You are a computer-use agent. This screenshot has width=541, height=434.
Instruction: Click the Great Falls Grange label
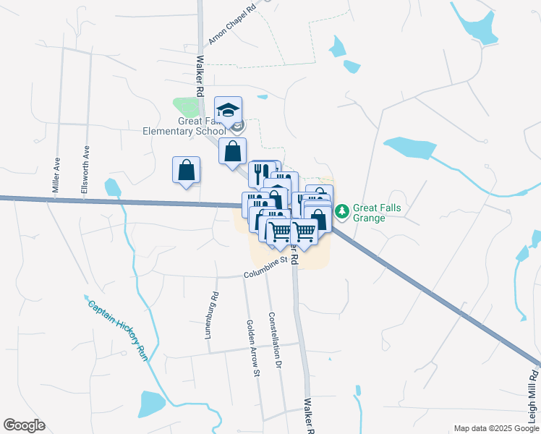377,212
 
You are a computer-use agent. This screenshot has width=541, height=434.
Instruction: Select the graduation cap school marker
228,110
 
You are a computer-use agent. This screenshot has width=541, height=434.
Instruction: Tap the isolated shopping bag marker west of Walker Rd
186,171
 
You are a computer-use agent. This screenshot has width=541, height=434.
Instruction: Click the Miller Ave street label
56,174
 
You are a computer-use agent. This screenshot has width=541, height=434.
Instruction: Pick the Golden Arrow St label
253,349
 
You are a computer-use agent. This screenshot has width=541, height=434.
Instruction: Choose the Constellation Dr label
274,341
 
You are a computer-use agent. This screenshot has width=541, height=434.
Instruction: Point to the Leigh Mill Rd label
533,394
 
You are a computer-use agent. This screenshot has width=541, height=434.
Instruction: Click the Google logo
24,425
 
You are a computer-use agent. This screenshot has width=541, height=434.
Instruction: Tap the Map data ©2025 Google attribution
495,428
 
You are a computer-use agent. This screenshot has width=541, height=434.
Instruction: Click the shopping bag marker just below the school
232,152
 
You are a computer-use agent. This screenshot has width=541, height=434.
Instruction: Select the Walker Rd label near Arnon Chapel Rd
199,74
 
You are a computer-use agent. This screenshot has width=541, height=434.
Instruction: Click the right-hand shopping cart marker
304,231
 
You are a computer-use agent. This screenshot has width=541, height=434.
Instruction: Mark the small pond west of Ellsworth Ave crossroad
112,188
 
